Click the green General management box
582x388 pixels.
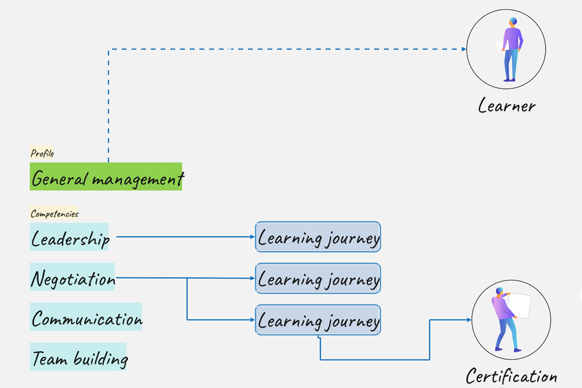click(x=106, y=177)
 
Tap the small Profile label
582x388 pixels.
click(x=42, y=153)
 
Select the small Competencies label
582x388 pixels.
click(x=54, y=213)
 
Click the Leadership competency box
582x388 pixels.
click(x=70, y=237)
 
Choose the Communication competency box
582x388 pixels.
click(x=86, y=318)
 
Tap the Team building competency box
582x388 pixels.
click(x=78, y=357)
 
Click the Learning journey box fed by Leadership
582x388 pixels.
click(x=318, y=237)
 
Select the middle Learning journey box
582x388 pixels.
click(x=318, y=279)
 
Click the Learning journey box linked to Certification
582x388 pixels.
click(x=318, y=320)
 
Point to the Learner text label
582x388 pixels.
click(x=507, y=105)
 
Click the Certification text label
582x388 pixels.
click(x=511, y=375)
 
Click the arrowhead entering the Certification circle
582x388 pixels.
click(x=468, y=319)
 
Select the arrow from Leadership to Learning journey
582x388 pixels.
click(x=184, y=237)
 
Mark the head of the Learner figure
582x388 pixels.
click(x=513, y=22)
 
